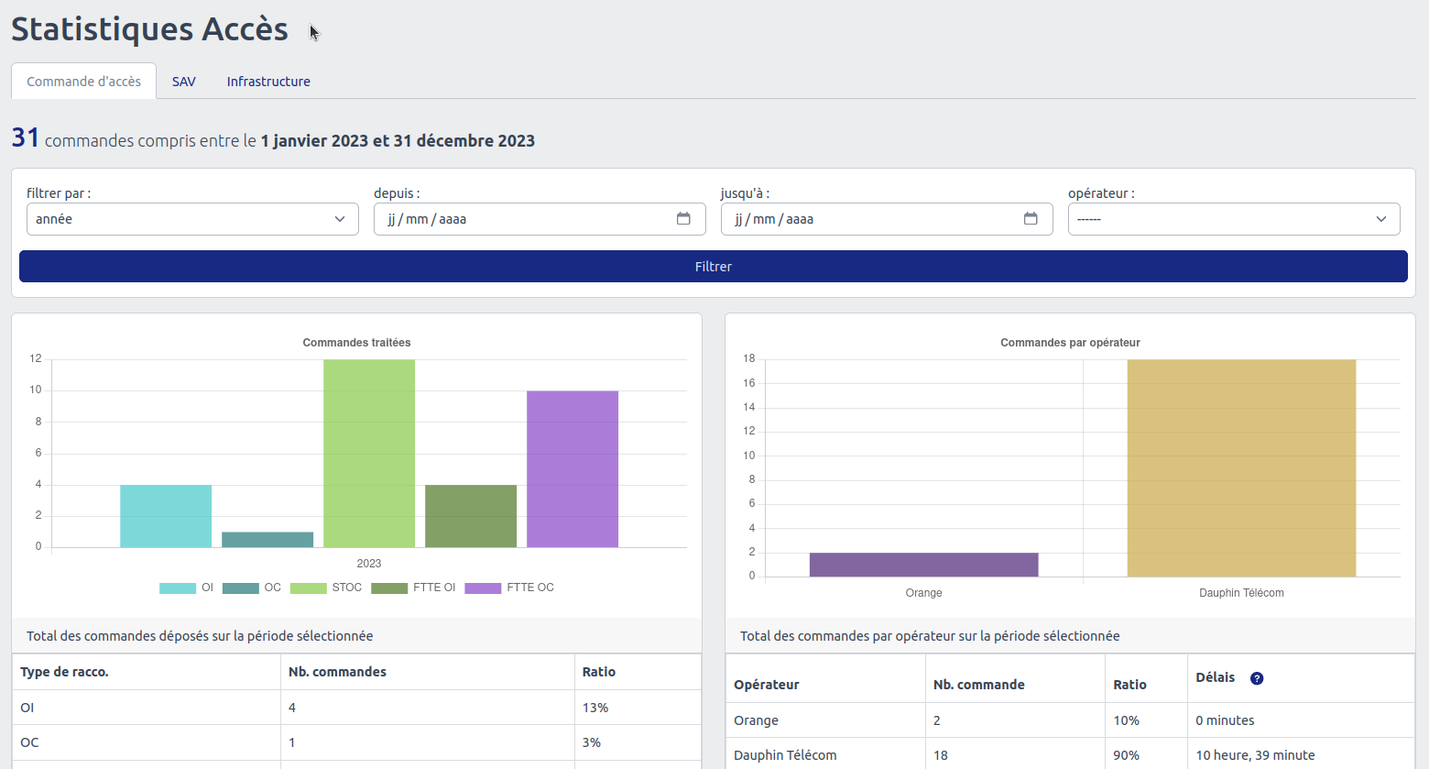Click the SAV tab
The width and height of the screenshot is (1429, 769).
pos(183,82)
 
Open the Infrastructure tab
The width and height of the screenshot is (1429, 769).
pos(268,82)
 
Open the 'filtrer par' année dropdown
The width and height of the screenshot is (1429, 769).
pos(192,219)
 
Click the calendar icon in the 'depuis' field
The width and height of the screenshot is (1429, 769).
pos(683,219)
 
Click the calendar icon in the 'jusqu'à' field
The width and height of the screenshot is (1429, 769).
pos(1031,219)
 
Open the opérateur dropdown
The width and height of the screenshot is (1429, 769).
pos(1233,219)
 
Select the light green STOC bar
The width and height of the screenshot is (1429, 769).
pos(369,454)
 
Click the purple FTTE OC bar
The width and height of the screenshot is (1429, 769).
pos(573,469)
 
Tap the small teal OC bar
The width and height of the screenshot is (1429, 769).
pos(267,540)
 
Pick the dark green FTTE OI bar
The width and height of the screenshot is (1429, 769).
pos(471,516)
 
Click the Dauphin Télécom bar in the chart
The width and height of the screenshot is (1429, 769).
pos(1241,467)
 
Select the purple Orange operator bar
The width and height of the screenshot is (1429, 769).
pos(923,565)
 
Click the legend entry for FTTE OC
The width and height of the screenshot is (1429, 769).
pos(509,588)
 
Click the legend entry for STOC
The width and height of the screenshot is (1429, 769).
pos(326,588)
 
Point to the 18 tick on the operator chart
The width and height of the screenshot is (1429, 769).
pos(749,358)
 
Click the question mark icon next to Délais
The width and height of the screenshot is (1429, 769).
pos(1257,678)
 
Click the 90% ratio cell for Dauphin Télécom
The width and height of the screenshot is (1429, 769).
pos(1127,755)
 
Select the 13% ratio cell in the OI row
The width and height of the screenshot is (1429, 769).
pos(595,708)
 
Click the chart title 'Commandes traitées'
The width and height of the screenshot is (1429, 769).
pos(356,343)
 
